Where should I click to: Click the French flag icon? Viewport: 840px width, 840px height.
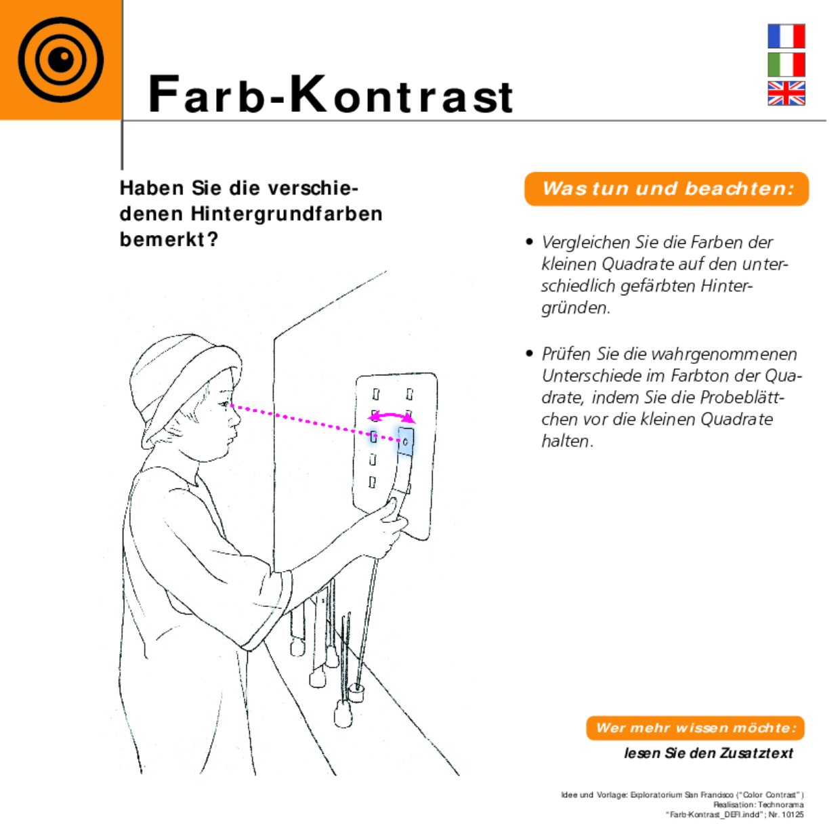point(786,36)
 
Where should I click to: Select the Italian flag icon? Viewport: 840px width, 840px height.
point(786,64)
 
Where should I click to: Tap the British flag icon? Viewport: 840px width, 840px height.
point(786,93)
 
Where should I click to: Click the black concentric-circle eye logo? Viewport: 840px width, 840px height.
point(61,60)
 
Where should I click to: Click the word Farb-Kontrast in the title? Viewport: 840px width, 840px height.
point(331,95)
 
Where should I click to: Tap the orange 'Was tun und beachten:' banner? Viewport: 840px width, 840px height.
point(667,189)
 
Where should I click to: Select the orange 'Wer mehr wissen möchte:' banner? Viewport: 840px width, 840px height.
point(695,728)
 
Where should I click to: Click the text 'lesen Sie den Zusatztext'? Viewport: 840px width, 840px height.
point(709,753)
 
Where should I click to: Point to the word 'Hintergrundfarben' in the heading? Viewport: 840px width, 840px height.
point(287,214)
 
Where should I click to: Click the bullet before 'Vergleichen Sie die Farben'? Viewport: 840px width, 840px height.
point(530,243)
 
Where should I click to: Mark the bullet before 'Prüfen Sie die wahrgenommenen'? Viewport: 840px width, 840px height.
point(530,354)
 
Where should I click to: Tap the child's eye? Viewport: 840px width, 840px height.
point(223,405)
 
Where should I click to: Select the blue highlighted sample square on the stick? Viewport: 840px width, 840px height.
point(406,442)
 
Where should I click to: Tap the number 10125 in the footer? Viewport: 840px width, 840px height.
point(793,814)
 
